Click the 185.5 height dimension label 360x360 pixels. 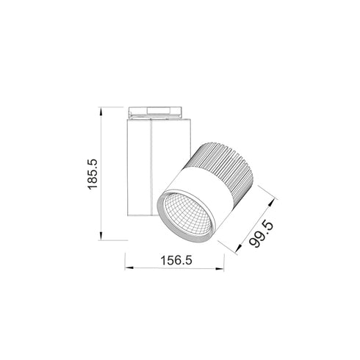(x=93, y=175)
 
